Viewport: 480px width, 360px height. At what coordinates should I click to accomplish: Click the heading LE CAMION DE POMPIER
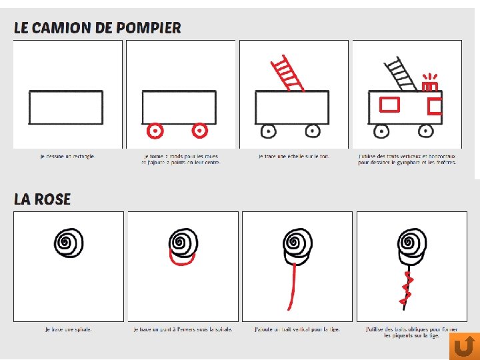pyautogui.click(x=97, y=28)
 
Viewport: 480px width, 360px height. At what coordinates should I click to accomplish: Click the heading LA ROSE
pyautogui.click(x=42, y=199)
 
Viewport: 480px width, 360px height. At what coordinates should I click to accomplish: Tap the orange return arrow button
pyautogui.click(x=464, y=346)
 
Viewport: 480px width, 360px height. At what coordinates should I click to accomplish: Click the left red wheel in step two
pyautogui.click(x=155, y=131)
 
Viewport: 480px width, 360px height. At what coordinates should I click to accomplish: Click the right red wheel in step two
pyautogui.click(x=199, y=131)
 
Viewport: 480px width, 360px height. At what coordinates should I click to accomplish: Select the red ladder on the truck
pyautogui.click(x=287, y=73)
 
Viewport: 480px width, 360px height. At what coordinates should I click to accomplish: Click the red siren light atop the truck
pyautogui.click(x=430, y=83)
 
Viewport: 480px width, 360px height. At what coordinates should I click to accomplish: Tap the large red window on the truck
pyautogui.click(x=389, y=104)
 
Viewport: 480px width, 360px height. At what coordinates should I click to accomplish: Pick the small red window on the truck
pyautogui.click(x=435, y=106)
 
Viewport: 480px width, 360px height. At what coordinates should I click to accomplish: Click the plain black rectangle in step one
pyautogui.click(x=66, y=107)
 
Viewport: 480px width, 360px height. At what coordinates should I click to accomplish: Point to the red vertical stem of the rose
pyautogui.click(x=291, y=285)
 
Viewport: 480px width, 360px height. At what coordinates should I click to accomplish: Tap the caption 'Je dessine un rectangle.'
pyautogui.click(x=67, y=157)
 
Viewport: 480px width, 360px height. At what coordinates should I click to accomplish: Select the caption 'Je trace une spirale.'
pyautogui.click(x=69, y=329)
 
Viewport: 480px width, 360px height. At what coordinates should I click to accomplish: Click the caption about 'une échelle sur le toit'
pyautogui.click(x=294, y=157)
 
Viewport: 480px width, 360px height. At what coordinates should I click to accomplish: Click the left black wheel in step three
pyautogui.click(x=268, y=131)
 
